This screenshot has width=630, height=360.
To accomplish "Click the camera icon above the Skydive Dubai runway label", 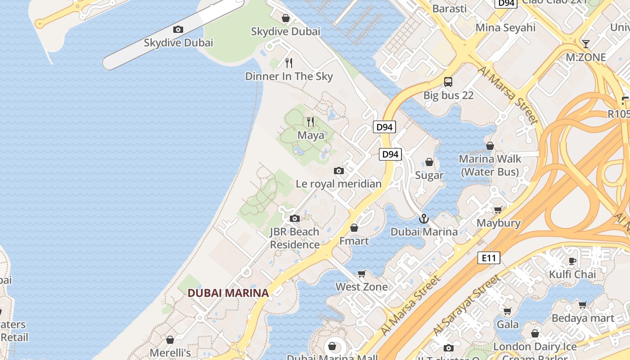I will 178,30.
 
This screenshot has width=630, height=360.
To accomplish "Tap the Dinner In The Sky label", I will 289,76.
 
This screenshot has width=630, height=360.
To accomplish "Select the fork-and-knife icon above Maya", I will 310,122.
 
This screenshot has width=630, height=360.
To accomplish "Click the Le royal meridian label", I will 338,184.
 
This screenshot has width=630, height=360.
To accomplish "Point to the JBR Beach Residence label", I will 294,238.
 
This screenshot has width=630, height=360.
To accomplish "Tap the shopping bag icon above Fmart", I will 354,228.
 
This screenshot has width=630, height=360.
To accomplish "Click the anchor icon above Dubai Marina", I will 424,219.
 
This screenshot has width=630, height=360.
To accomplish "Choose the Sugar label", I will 429,175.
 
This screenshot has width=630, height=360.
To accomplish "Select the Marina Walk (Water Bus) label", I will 490,165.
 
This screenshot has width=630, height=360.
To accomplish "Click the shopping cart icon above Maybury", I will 498,210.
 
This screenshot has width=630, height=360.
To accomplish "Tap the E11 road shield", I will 488,258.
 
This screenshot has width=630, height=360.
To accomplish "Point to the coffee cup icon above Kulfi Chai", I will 572,261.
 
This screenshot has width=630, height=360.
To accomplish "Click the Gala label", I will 508,324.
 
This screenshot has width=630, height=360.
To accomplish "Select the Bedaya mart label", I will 583,318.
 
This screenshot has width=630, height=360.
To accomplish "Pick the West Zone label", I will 361,287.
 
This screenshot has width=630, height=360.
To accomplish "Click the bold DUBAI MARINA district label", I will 228,293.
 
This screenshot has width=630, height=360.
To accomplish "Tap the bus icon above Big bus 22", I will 448,82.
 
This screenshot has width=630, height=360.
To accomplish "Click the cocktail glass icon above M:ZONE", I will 585,44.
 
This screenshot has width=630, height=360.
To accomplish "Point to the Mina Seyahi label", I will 505,27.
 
